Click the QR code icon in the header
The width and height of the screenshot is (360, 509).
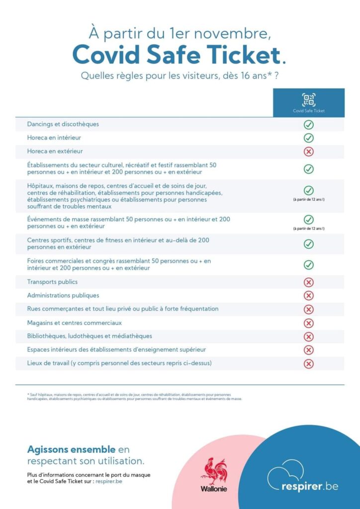coord(308,99)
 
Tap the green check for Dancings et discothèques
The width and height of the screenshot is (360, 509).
coord(308,124)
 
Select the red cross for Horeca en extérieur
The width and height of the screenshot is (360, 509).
coord(308,152)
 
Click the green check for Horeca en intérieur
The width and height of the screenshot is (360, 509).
coord(308,138)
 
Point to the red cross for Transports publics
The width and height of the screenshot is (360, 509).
coord(308,282)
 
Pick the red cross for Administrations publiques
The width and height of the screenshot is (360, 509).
coord(308,296)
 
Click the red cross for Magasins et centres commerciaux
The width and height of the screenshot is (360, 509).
coord(308,323)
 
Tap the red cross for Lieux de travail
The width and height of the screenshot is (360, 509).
coord(308,363)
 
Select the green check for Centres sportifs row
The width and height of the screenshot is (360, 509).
coord(308,244)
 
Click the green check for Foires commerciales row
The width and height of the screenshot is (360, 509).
coord(308,265)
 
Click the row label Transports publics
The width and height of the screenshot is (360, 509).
coord(52,282)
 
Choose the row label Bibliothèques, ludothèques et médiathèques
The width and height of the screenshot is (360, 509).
coord(90,336)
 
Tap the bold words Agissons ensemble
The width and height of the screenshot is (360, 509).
coord(72,449)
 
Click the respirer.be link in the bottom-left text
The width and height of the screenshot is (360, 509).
coord(109,481)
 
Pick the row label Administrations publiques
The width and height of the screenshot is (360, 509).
coord(63,295)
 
